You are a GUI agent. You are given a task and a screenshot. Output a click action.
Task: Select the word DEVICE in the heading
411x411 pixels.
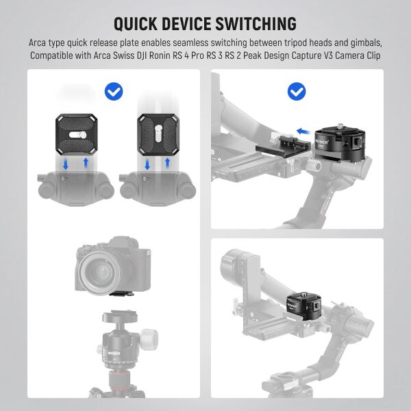point(194,24)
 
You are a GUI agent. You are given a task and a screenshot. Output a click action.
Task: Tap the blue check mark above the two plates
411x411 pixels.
point(112,90)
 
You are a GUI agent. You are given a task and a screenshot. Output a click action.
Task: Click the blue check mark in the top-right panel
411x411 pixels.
point(296,90)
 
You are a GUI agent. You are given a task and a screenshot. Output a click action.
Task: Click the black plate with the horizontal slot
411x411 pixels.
point(77,134)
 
